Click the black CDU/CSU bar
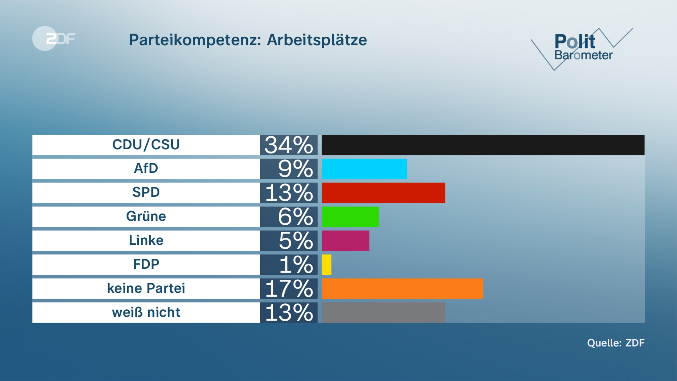pyautogui.click(x=483, y=145)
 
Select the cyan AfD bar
pyautogui.click(x=364, y=169)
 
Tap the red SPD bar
pyautogui.click(x=383, y=193)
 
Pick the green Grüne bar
pyautogui.click(x=350, y=217)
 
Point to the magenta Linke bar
pyautogui.click(x=345, y=241)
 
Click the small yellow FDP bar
pyautogui.click(x=326, y=265)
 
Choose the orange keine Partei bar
pyautogui.click(x=402, y=289)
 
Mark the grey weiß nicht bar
pyautogui.click(x=383, y=312)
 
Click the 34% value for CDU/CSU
pyautogui.click(x=289, y=145)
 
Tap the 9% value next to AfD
pyautogui.click(x=295, y=169)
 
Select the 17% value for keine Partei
pyautogui.click(x=289, y=289)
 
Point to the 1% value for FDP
pyautogui.click(x=296, y=265)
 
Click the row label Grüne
pyautogui.click(x=146, y=216)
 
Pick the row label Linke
pyautogui.click(x=146, y=240)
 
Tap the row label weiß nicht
pyautogui.click(x=146, y=312)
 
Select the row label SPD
pyautogui.click(x=146, y=192)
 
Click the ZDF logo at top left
pyautogui.click(x=54, y=38)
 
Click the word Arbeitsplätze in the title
pyautogui.click(x=317, y=40)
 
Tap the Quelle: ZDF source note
pyautogui.click(x=616, y=343)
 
